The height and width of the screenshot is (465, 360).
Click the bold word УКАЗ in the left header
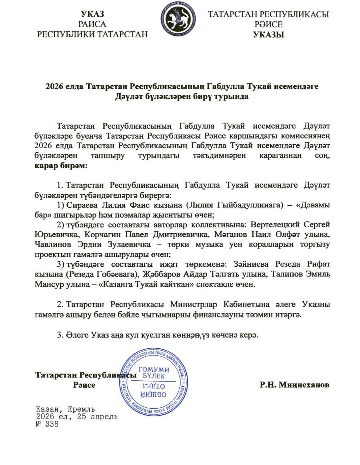[x=92, y=14]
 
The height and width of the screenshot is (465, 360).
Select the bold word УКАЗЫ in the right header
[x=268, y=35]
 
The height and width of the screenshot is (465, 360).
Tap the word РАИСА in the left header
[x=92, y=24]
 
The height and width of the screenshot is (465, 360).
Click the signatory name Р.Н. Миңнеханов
[x=295, y=385]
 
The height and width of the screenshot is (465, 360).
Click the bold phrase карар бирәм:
[x=61, y=166]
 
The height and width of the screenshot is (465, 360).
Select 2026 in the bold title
[x=54, y=87]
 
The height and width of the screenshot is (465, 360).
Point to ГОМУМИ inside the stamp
[x=154, y=369]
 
